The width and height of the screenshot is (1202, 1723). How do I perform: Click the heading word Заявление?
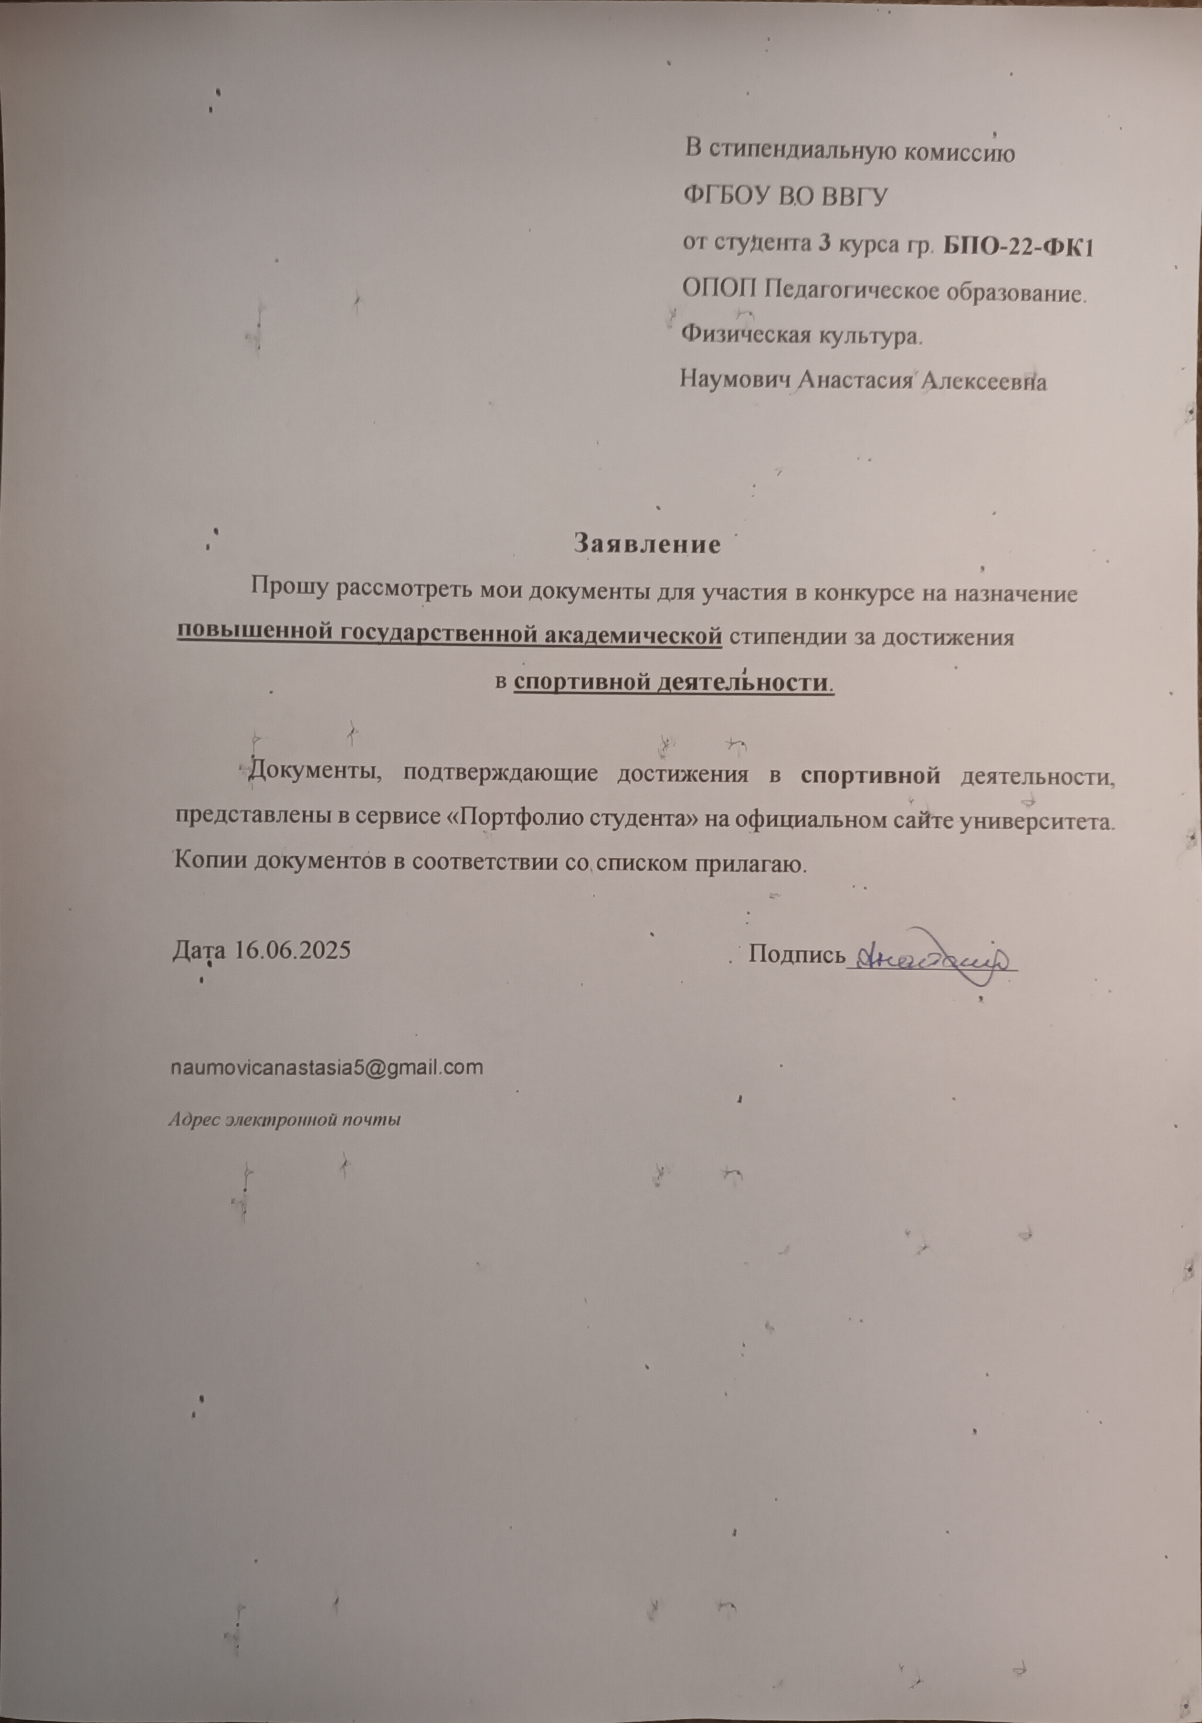(647, 544)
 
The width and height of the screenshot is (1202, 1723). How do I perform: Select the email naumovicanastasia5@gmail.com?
(328, 1066)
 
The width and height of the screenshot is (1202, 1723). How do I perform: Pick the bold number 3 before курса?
(823, 245)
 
